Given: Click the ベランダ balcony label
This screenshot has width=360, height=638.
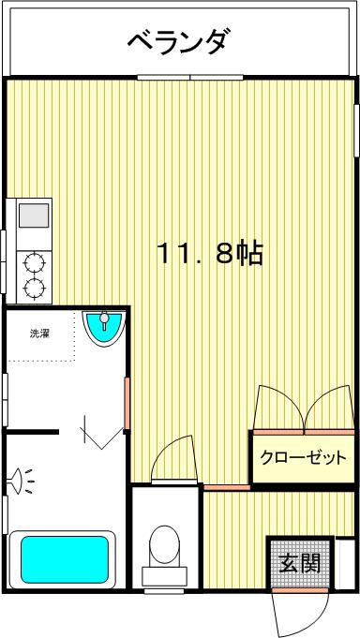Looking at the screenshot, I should (x=178, y=41).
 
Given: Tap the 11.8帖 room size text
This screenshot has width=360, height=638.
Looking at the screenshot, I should (x=208, y=253).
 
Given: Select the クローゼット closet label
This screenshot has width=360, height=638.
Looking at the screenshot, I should (x=303, y=458).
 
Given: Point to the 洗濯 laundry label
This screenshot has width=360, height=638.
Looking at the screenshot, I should (x=39, y=333).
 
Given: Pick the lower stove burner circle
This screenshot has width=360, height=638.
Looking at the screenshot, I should (x=36, y=288).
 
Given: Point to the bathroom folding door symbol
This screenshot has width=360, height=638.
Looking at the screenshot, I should (x=101, y=431).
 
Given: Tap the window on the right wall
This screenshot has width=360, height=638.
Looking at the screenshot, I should (x=355, y=131).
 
